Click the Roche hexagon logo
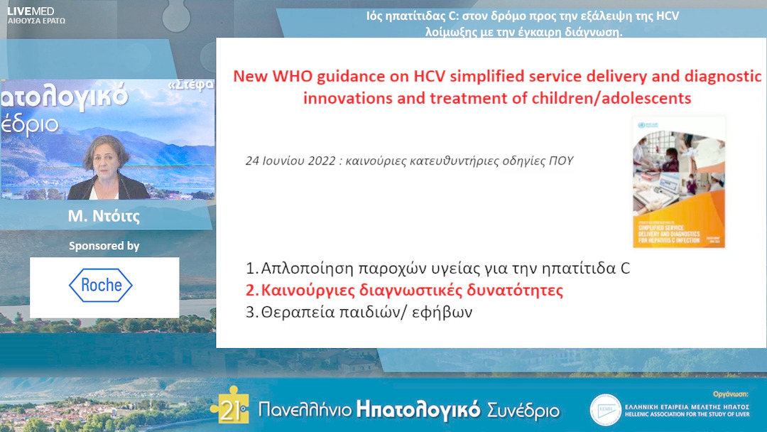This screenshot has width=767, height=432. (101, 286)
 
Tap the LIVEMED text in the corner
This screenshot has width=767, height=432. (31, 11)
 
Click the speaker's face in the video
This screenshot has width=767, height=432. (106, 156)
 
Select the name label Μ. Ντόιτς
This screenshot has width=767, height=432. (104, 217)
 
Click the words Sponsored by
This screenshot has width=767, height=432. (104, 246)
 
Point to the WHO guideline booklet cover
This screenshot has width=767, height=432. (678, 182)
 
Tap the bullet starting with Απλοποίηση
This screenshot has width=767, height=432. (437, 269)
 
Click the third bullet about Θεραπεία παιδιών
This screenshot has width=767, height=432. (359, 312)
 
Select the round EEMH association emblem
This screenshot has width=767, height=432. (604, 409)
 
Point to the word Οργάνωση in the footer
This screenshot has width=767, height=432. (731, 393)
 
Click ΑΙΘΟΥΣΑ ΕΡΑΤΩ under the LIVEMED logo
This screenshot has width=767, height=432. (36, 21)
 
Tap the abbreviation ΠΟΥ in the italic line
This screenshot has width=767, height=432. (561, 161)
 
